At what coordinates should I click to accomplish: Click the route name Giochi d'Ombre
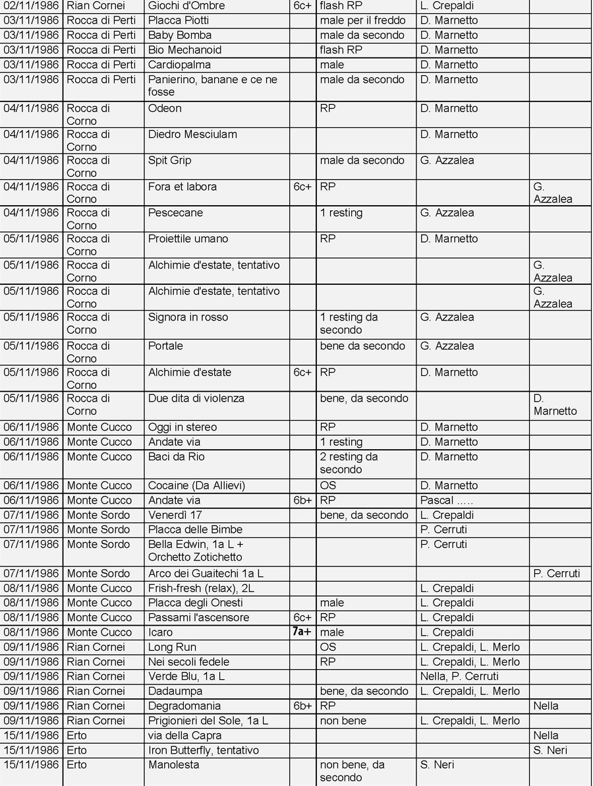[186, 6]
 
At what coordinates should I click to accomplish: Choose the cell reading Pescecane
[175, 213]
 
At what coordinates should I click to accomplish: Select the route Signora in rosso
[187, 317]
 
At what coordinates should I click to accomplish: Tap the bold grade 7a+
[302, 632]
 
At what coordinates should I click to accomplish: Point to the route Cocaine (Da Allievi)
[196, 486]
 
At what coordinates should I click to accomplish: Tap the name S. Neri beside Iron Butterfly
[550, 750]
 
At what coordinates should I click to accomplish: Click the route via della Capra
[184, 736]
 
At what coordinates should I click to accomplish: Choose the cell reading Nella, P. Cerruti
[459, 677]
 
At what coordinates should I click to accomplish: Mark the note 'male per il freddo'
[362, 20]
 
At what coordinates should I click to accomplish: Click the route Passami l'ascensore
[198, 618]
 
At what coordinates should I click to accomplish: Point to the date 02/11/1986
[31, 6]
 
